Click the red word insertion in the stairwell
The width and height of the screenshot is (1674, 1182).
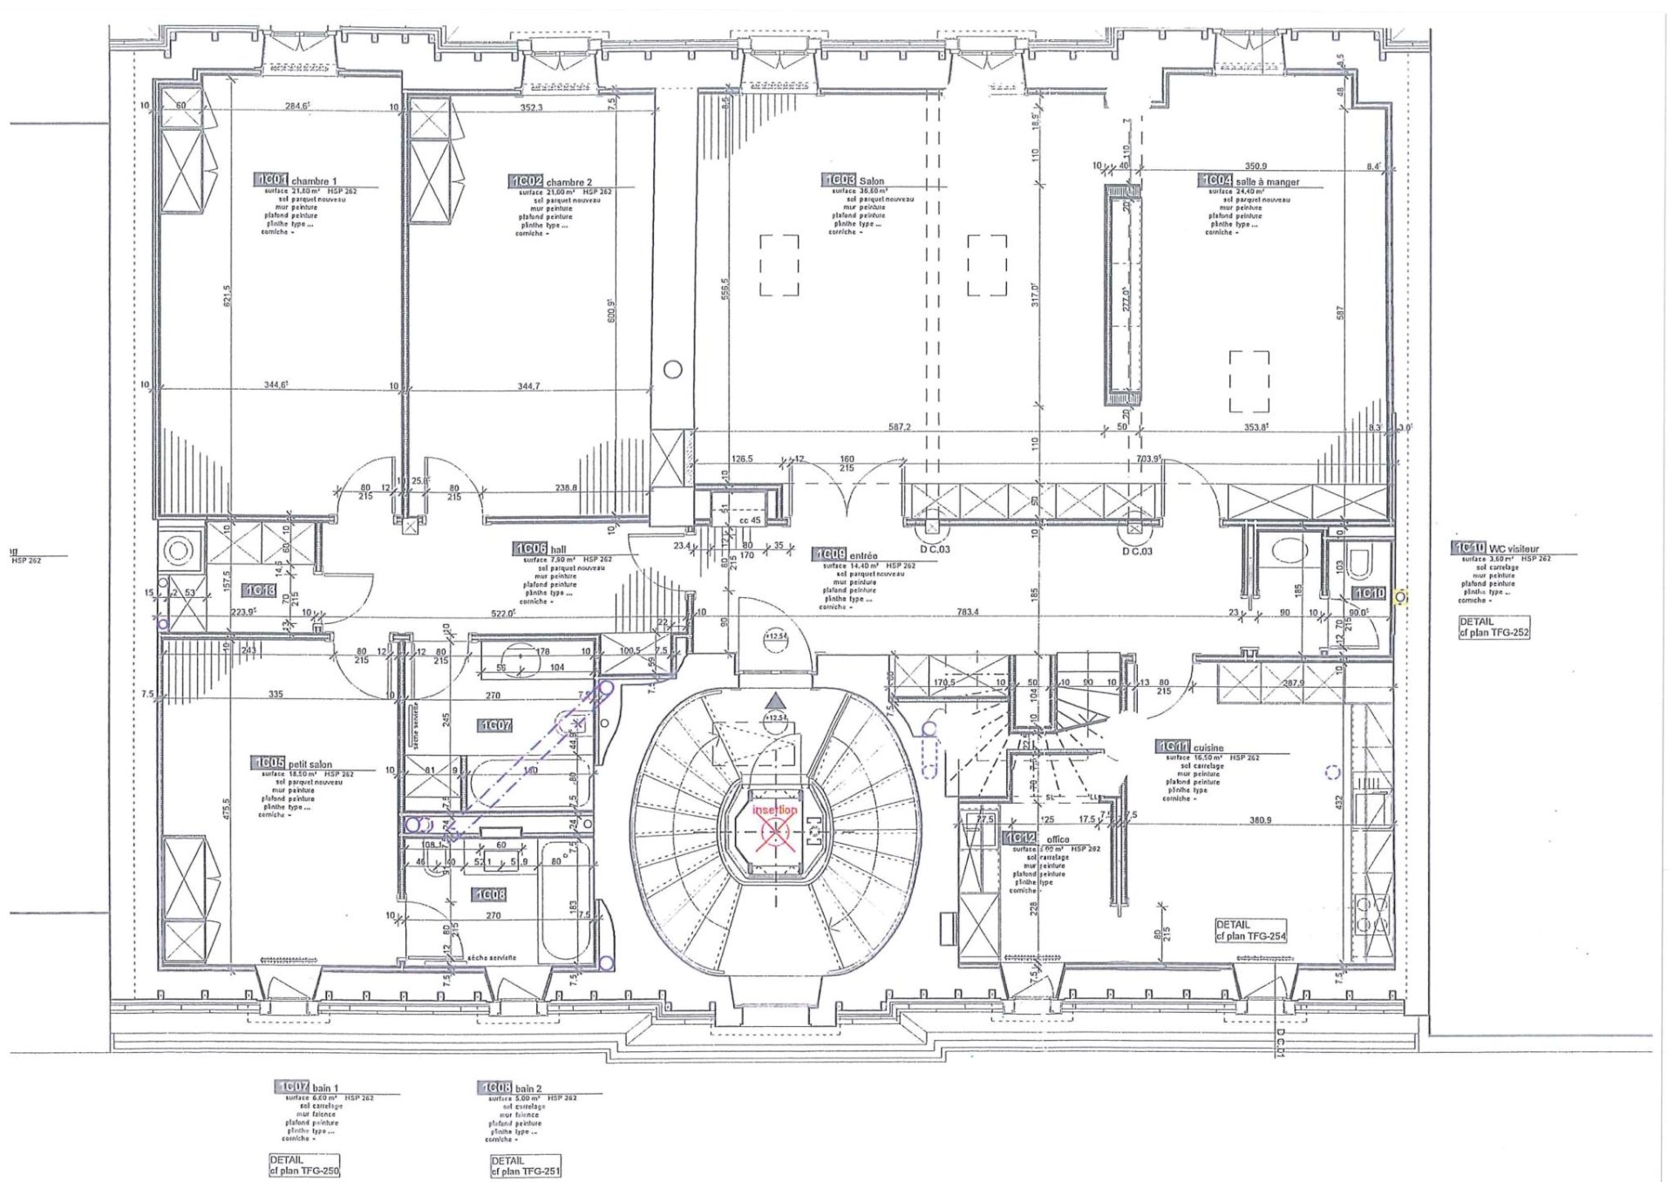click(774, 811)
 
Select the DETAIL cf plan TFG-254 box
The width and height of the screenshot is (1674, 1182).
click(1250, 930)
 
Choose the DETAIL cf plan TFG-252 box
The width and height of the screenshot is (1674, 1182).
click(1494, 628)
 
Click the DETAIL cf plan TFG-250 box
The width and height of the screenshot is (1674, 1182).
click(303, 1165)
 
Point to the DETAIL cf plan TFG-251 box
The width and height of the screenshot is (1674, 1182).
click(525, 1166)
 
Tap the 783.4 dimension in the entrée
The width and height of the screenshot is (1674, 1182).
click(967, 612)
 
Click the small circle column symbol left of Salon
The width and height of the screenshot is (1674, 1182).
click(672, 370)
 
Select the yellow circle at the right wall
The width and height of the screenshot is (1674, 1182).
click(1400, 597)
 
